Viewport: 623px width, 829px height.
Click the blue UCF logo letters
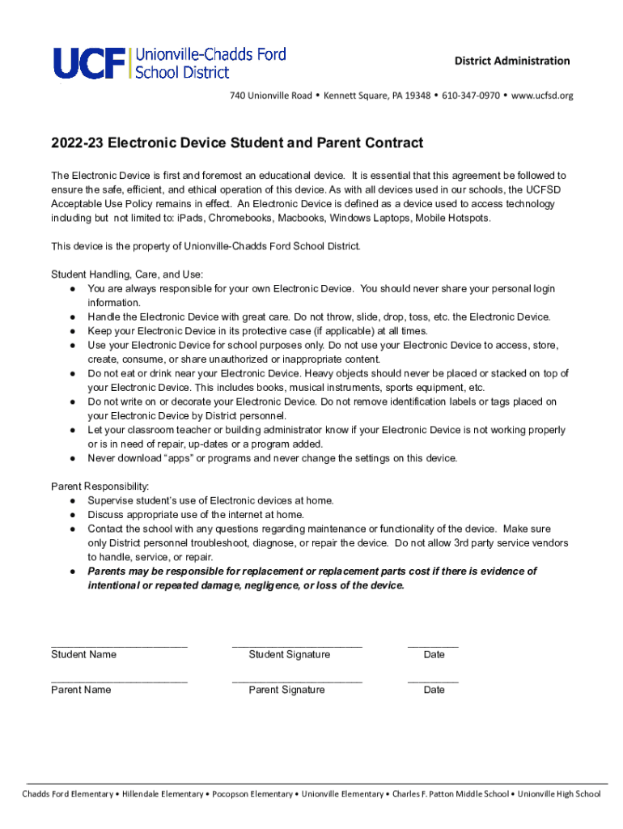click(90, 62)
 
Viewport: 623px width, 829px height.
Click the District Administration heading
click(511, 61)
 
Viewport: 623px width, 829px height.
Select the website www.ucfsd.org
click(542, 96)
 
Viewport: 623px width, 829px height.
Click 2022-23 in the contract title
click(77, 143)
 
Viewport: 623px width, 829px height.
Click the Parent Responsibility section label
click(100, 487)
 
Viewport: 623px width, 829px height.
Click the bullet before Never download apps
click(73, 459)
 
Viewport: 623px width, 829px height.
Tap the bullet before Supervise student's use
click(73, 501)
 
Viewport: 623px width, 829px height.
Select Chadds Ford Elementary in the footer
click(67, 793)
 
